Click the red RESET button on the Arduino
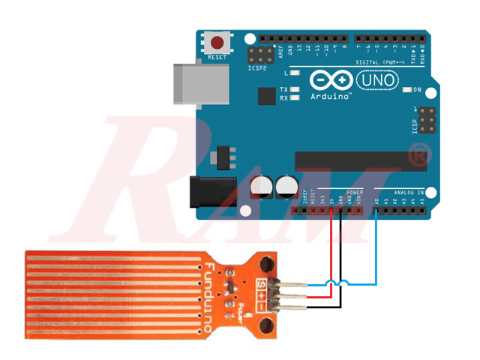point(217,43)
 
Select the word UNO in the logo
point(377,79)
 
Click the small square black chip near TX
point(265,96)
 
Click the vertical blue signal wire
point(376,247)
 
